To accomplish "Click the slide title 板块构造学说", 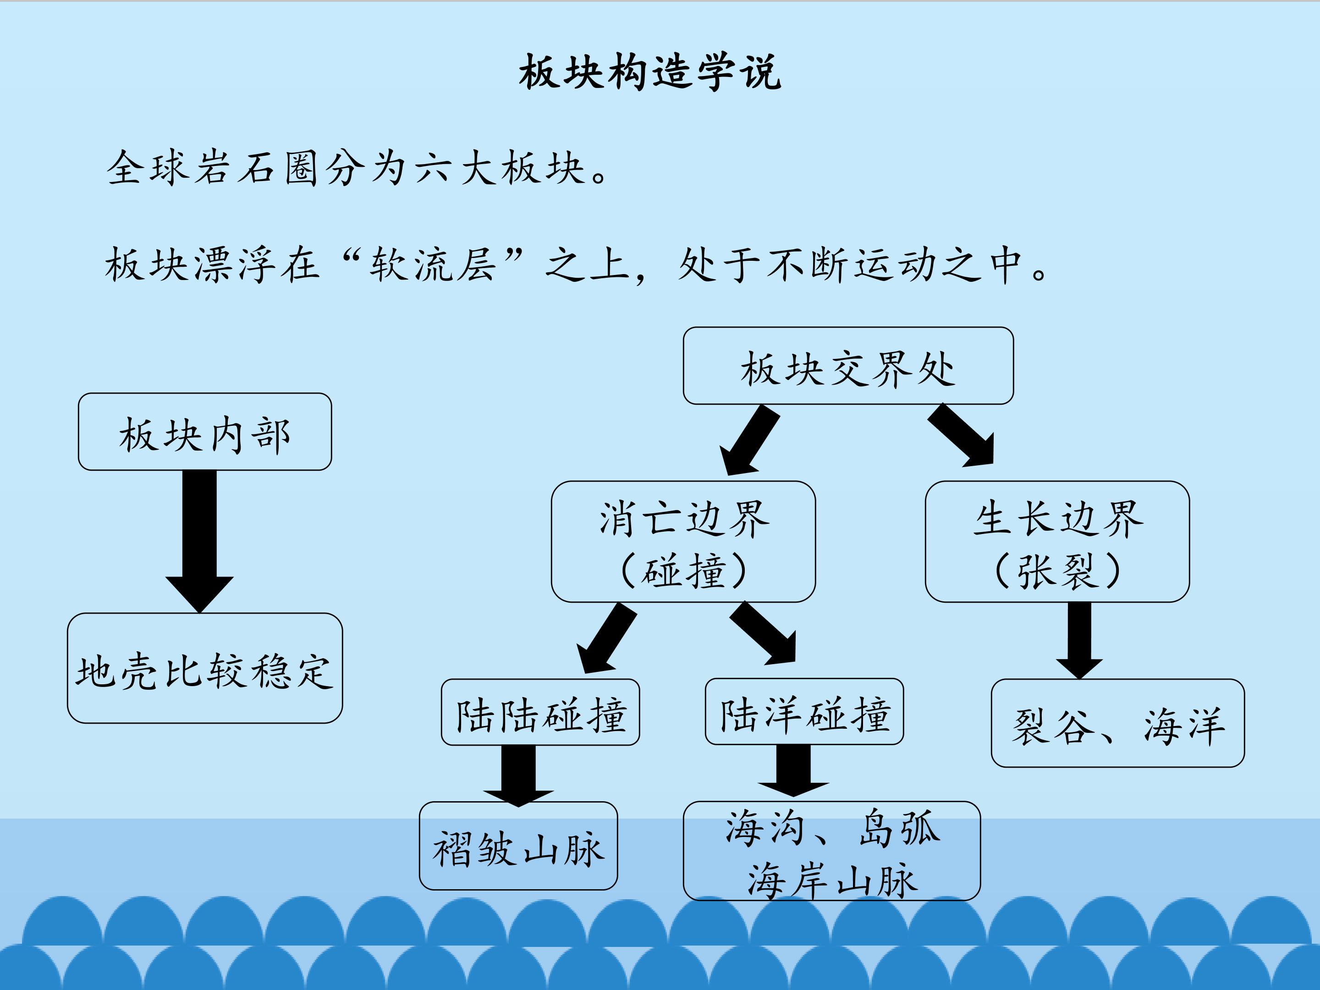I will (x=650, y=73).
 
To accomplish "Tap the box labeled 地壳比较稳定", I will (x=205, y=668).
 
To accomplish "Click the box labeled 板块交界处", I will (x=848, y=366).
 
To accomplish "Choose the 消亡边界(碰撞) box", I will (x=683, y=542).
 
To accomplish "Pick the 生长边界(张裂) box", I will (x=1057, y=542).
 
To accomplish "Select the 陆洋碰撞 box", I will (x=804, y=712).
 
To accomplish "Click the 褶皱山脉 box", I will (x=518, y=846).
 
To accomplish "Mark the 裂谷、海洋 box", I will (x=1118, y=723).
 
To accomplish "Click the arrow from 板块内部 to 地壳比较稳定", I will (x=199, y=537).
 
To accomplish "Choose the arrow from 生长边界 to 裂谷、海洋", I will (x=1079, y=638).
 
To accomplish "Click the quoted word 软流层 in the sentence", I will (x=433, y=264).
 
